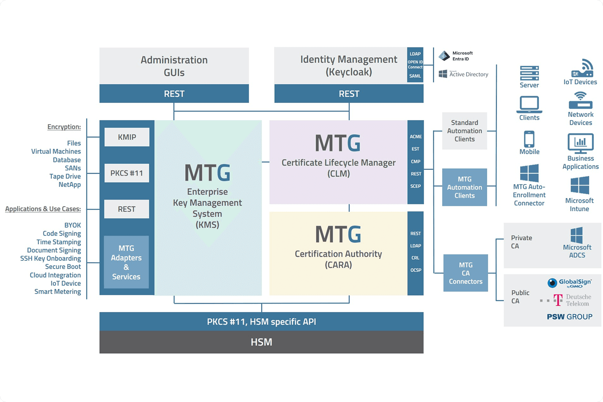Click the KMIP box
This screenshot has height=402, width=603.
[127, 137]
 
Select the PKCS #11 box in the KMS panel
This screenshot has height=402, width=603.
[127, 173]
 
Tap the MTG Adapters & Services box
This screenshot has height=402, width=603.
[126, 262]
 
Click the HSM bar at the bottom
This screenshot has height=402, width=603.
[261, 342]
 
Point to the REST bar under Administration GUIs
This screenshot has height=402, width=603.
[174, 94]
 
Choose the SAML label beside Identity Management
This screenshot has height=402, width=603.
[415, 76]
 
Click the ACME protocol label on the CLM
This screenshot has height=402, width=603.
[416, 136]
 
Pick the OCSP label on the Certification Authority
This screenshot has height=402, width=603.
[416, 270]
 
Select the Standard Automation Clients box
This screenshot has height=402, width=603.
[464, 131]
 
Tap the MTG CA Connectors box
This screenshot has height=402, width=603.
[465, 273]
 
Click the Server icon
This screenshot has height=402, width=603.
[529, 73]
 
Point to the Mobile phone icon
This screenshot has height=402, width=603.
[529, 139]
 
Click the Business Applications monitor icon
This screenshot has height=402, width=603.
[580, 143]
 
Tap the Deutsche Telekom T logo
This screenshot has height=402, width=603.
[558, 300]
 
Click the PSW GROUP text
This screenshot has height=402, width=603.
[569, 317]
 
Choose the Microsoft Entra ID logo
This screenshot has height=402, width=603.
[444, 56]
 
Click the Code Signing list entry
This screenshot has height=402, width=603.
[62, 234]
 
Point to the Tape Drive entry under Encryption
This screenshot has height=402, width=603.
[65, 176]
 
